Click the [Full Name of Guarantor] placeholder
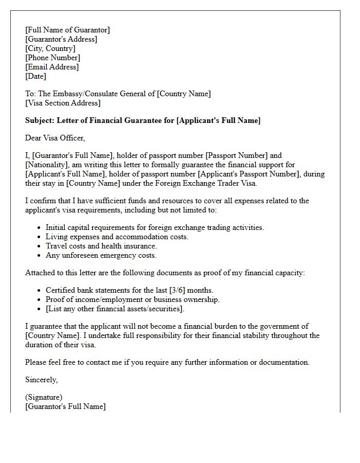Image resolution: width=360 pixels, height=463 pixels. (x=67, y=30)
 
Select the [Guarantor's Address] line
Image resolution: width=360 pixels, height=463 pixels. (x=61, y=39)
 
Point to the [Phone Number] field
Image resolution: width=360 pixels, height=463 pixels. (x=52, y=58)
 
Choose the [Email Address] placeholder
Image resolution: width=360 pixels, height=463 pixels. (x=52, y=67)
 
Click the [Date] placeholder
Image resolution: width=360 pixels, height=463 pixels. (x=35, y=76)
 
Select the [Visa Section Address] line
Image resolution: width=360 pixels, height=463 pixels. (x=63, y=103)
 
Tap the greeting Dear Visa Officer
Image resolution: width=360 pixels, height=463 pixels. (x=55, y=138)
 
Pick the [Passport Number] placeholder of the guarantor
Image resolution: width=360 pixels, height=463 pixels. (x=241, y=155)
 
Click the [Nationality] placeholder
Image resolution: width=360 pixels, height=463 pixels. (x=48, y=165)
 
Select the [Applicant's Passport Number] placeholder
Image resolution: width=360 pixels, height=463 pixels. (x=249, y=174)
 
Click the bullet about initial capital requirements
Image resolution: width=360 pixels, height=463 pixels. (x=155, y=227)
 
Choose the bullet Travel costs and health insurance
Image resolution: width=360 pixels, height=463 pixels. (x=101, y=246)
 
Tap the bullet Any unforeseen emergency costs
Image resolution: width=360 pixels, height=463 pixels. (x=101, y=255)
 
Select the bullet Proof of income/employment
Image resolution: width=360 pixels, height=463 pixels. (x=132, y=299)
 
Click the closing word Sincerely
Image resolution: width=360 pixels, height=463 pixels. (x=41, y=380)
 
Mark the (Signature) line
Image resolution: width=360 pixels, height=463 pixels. (x=44, y=397)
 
